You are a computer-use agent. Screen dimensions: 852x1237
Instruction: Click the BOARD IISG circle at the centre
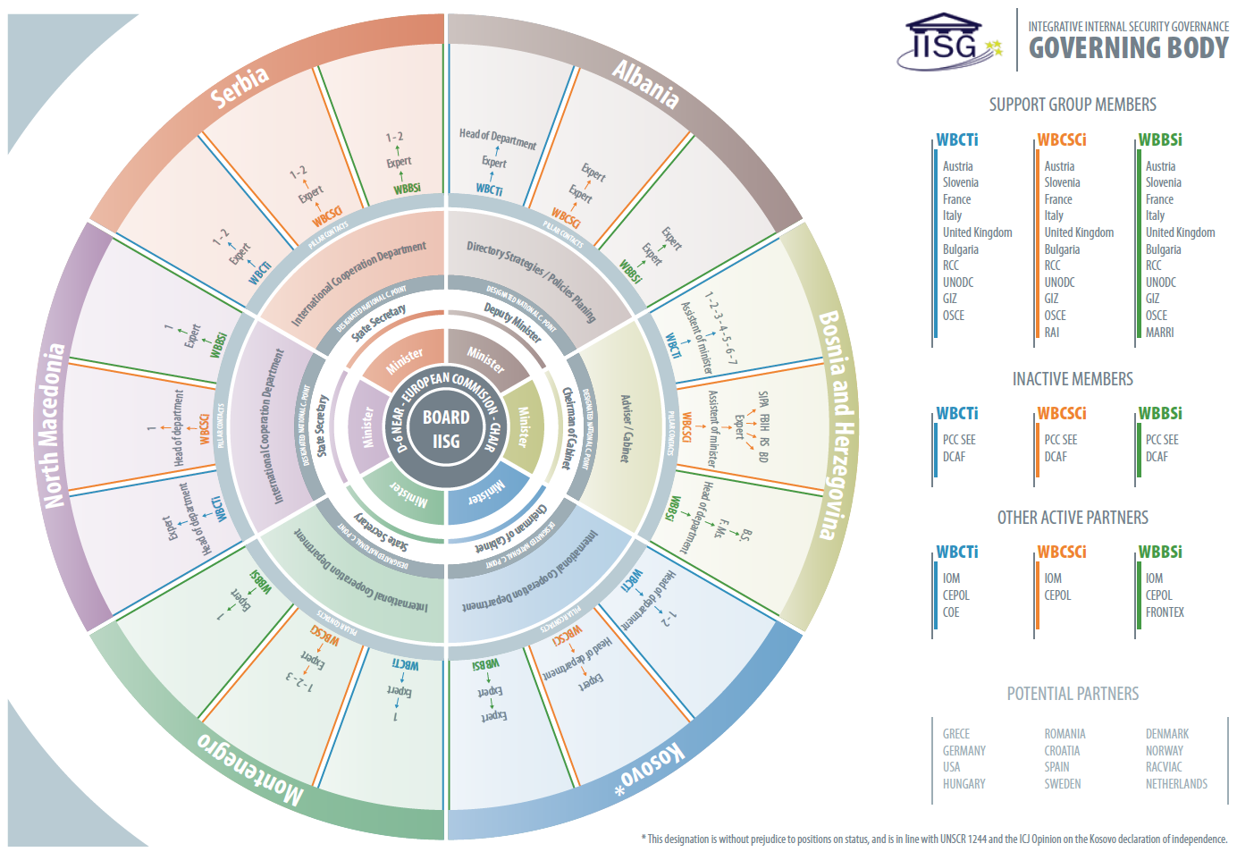coord(445,428)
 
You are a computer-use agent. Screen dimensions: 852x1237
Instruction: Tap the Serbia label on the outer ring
coord(239,87)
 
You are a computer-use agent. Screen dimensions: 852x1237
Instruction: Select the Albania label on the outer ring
coord(645,84)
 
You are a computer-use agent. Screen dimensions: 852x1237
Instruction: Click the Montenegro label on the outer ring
coord(250,765)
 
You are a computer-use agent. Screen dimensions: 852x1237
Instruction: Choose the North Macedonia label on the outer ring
coord(54,426)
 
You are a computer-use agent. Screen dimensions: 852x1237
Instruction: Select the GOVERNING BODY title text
coord(1128,48)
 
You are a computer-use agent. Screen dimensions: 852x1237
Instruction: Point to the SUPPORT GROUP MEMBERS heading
coord(1073,105)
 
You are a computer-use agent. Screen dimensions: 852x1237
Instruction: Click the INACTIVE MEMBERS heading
coord(1073,379)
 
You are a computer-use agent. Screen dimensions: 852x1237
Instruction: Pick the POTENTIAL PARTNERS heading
coord(1073,694)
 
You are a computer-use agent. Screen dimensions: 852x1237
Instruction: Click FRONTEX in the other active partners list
coord(1165,612)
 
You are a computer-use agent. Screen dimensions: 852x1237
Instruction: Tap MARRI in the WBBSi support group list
coord(1159,333)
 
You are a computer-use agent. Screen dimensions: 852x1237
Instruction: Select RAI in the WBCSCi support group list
coord(1052,333)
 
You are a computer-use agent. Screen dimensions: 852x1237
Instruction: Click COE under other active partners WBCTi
coord(951,612)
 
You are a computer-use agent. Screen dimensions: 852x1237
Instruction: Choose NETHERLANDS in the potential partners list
coord(1176,784)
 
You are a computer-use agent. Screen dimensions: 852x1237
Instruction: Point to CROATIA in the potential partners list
coord(1062,751)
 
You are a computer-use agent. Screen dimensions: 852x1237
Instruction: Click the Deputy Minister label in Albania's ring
coord(513,323)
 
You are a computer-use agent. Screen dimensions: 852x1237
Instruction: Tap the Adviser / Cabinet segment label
coord(626,428)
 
